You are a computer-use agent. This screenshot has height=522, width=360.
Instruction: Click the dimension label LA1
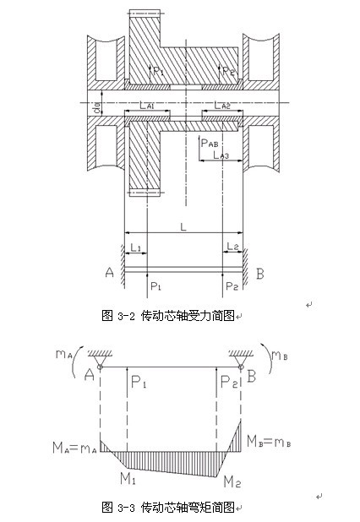point(147,106)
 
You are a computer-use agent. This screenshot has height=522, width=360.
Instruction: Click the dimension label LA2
point(222,106)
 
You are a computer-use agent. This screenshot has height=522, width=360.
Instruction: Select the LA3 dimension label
point(221,155)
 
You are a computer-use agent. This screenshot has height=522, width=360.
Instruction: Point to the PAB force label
point(210,143)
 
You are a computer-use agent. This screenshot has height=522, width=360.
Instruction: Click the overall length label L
point(183,226)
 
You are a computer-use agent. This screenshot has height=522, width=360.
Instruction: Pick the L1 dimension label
point(136,247)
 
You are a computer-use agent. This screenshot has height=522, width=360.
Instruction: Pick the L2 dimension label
point(232,247)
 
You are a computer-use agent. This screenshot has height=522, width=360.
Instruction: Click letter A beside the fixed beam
point(110,272)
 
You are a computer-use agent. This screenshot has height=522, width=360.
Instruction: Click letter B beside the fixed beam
point(260,274)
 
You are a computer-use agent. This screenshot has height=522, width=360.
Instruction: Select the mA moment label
point(64,354)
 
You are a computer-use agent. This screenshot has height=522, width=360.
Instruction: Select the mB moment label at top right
point(280,356)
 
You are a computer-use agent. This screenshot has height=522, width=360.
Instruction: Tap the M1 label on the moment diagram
point(128,479)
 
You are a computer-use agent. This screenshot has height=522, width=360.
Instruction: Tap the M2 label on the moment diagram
point(232,481)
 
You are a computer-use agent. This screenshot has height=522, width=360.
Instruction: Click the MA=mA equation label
point(74,448)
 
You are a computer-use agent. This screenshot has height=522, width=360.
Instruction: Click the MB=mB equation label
point(269,442)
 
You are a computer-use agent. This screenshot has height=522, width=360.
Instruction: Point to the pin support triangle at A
point(100,361)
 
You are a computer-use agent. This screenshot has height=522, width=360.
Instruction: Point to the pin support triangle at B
point(241,361)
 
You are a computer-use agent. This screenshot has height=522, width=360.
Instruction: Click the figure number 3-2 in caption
point(126,316)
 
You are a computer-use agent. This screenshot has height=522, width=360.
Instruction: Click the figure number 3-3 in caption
point(126,508)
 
